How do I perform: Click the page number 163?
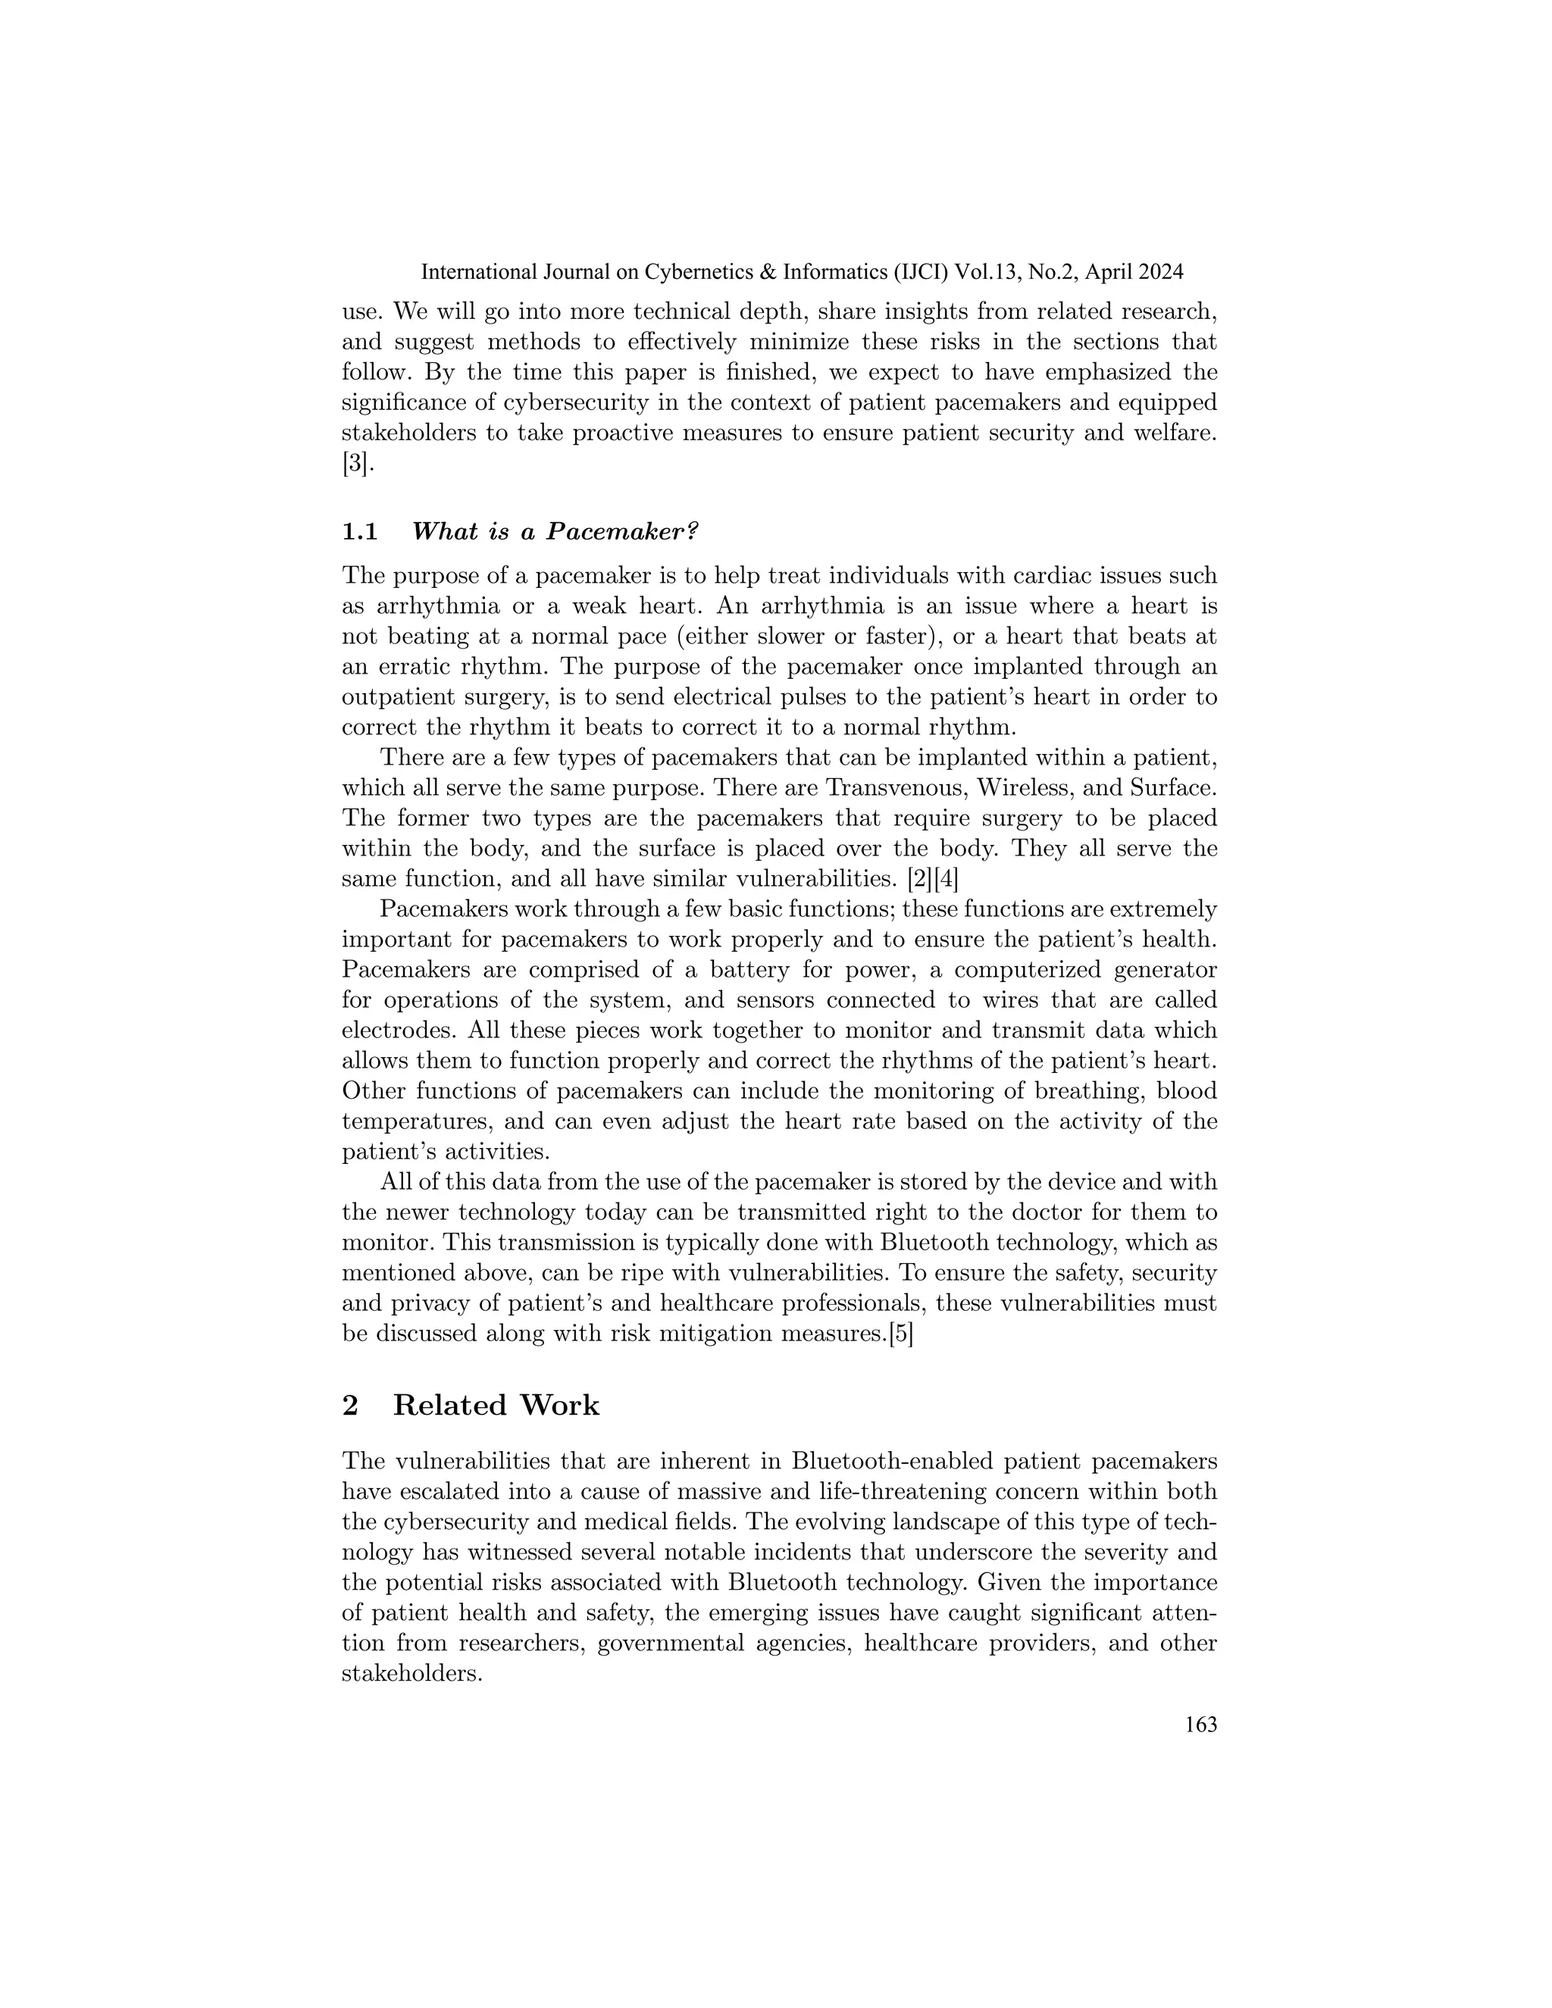(x=1200, y=1725)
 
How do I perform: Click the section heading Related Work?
(x=496, y=1406)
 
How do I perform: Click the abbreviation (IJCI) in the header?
(x=915, y=272)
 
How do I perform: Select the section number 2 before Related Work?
(x=350, y=1406)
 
